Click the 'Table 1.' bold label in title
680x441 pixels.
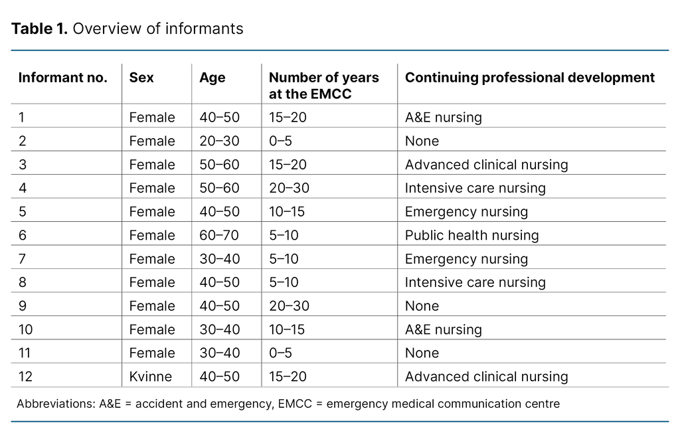tap(40, 29)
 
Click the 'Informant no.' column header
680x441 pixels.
tap(62, 78)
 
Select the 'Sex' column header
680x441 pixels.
tap(141, 78)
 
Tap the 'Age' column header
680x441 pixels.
tap(212, 78)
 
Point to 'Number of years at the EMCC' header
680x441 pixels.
tap(323, 86)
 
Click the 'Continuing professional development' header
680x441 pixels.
tap(529, 78)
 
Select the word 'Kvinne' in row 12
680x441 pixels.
tap(151, 377)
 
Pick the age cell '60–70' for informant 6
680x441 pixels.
tap(220, 235)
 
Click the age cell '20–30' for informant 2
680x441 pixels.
tap(220, 141)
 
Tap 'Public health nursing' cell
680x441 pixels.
tap(471, 235)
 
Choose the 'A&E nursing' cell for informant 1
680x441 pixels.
tap(443, 118)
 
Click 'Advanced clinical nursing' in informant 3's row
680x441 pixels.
tap(486, 165)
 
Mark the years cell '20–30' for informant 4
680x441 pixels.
tap(289, 188)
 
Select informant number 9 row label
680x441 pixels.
tap(22, 306)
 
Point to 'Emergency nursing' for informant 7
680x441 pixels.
tap(466, 259)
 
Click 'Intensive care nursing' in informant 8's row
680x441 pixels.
tap(475, 282)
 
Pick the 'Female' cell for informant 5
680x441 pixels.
tap(152, 212)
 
